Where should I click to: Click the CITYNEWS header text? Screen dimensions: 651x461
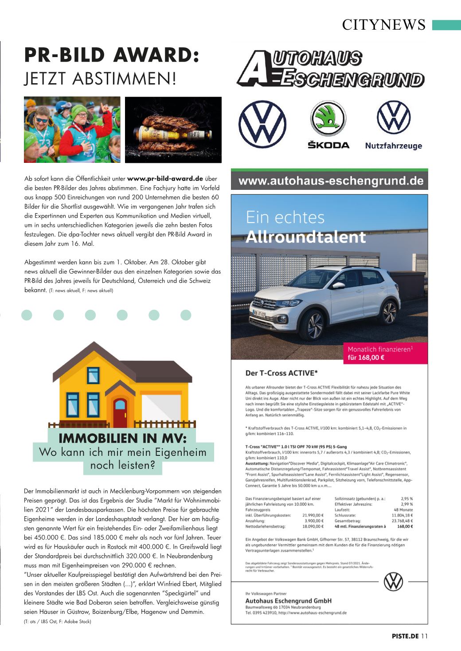click(383, 25)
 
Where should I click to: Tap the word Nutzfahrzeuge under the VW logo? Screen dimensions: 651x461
click(394, 146)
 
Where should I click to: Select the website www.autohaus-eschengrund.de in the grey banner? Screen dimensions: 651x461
click(331, 181)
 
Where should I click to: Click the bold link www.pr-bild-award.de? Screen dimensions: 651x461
click(165, 179)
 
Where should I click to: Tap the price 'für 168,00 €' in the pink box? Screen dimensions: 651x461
click(366, 358)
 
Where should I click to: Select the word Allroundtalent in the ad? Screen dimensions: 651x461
click(305, 237)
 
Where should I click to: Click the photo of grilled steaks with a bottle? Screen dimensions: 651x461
click(173, 130)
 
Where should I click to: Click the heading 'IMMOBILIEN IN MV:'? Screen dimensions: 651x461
click(122, 439)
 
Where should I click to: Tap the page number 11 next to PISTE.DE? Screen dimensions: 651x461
click(424, 636)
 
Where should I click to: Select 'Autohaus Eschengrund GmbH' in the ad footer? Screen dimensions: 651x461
click(289, 601)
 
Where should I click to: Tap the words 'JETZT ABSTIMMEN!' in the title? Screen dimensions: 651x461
click(100, 78)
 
